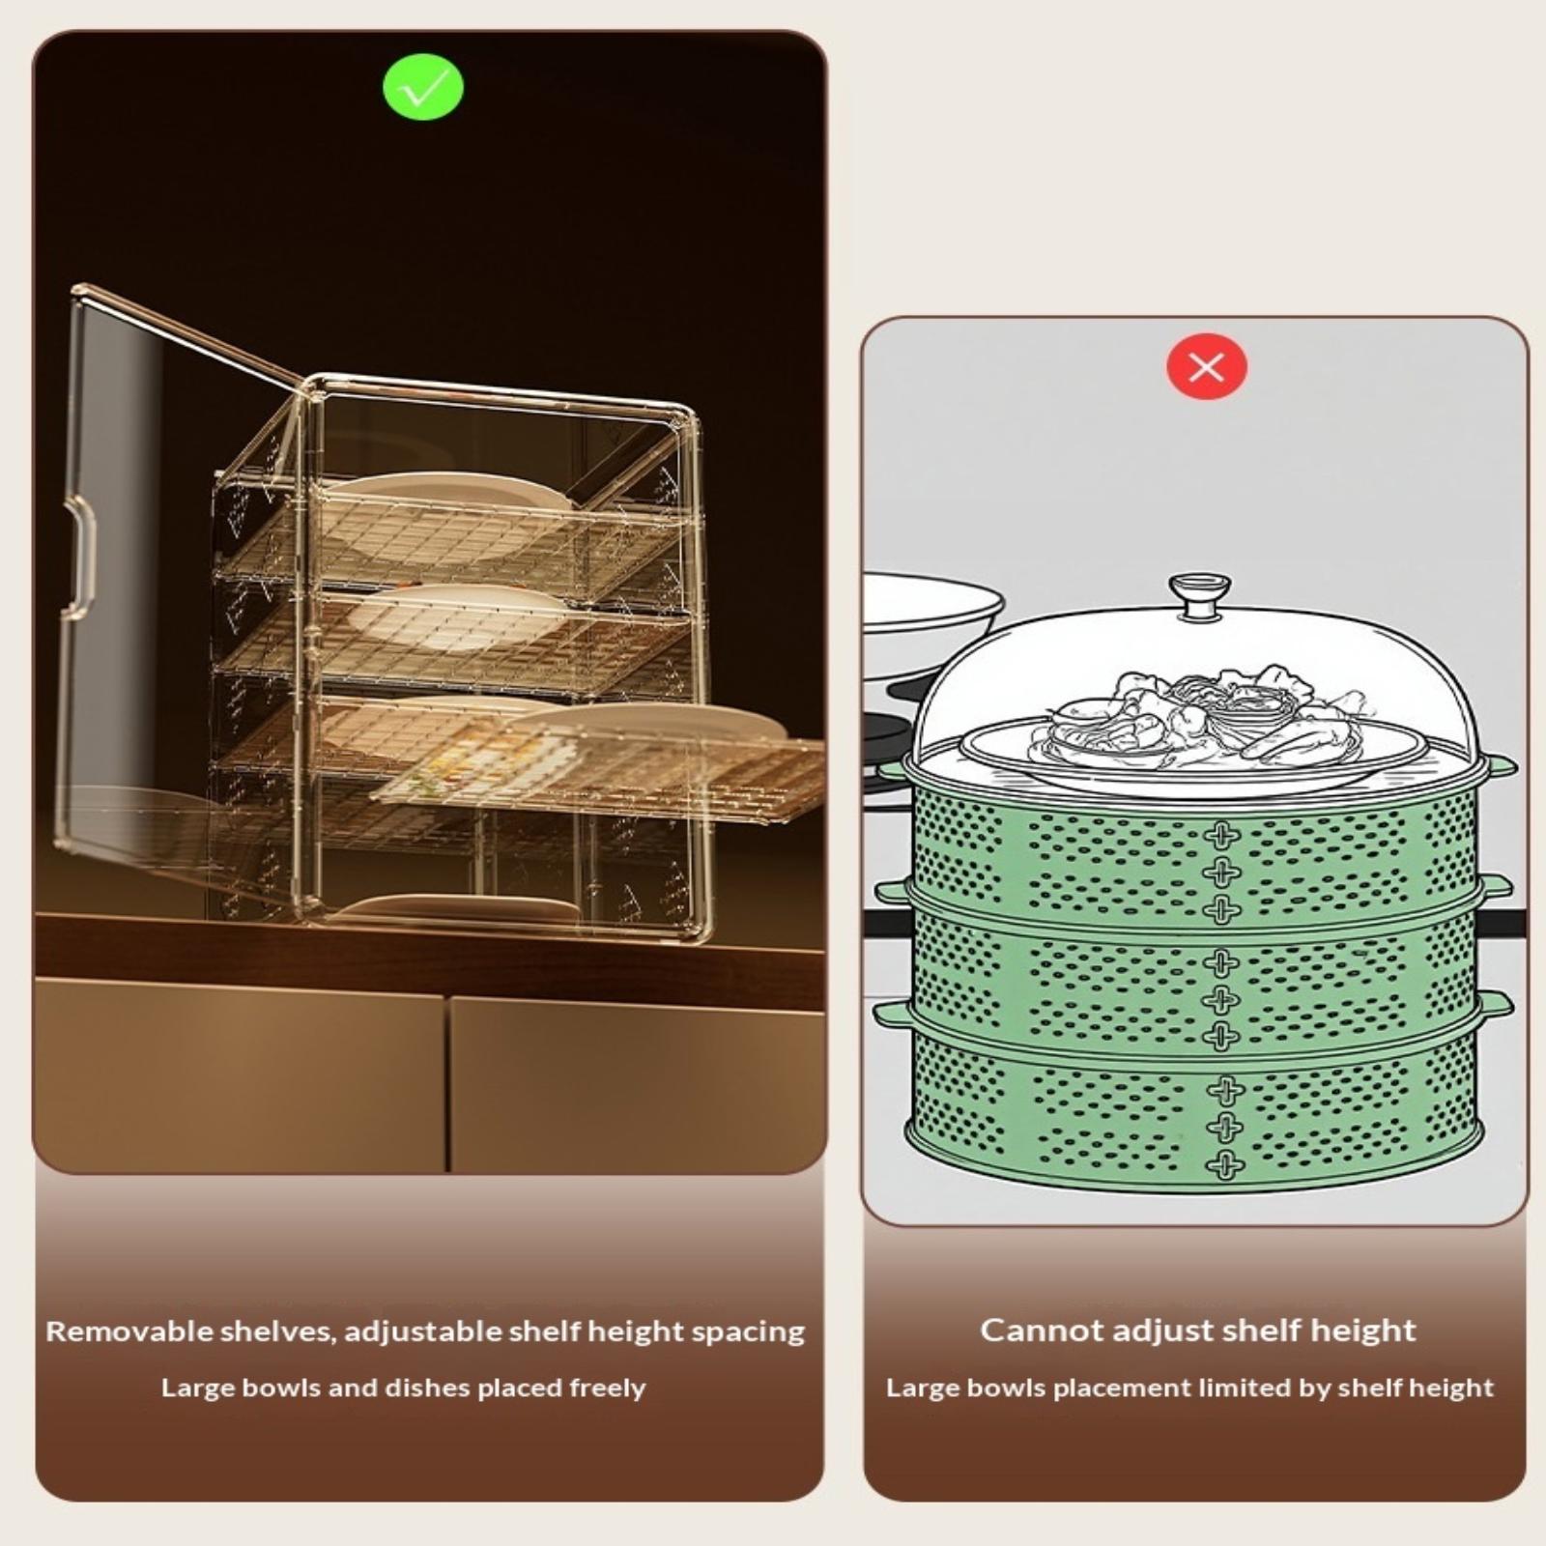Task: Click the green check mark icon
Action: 423,88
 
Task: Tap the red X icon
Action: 1207,367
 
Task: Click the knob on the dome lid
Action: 1199,595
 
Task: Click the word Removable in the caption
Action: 129,1331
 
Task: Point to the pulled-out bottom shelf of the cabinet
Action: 599,773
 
